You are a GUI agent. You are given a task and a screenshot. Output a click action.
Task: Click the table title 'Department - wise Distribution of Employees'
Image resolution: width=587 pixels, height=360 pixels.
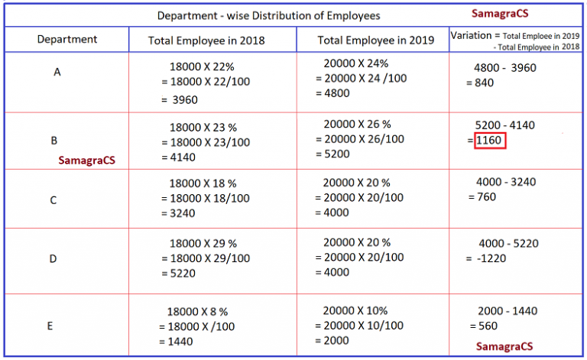(x=268, y=15)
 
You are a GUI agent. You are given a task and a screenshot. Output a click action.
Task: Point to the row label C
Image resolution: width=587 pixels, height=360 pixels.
(x=53, y=200)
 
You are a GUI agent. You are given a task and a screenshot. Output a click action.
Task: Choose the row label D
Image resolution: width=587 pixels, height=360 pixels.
(x=53, y=258)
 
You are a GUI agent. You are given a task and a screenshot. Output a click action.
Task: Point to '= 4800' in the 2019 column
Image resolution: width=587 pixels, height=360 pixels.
(x=332, y=93)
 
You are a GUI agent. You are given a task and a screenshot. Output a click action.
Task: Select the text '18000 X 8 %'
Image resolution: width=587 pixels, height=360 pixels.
(x=198, y=312)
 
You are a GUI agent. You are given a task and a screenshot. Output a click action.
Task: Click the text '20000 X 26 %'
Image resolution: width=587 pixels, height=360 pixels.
(x=357, y=124)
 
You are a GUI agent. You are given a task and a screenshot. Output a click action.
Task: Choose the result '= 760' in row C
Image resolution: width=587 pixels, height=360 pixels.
(x=482, y=196)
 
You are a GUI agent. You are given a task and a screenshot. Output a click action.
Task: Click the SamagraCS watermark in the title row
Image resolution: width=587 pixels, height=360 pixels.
(x=500, y=14)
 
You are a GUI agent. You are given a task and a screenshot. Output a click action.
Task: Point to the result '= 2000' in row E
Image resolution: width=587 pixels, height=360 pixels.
(x=332, y=340)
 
